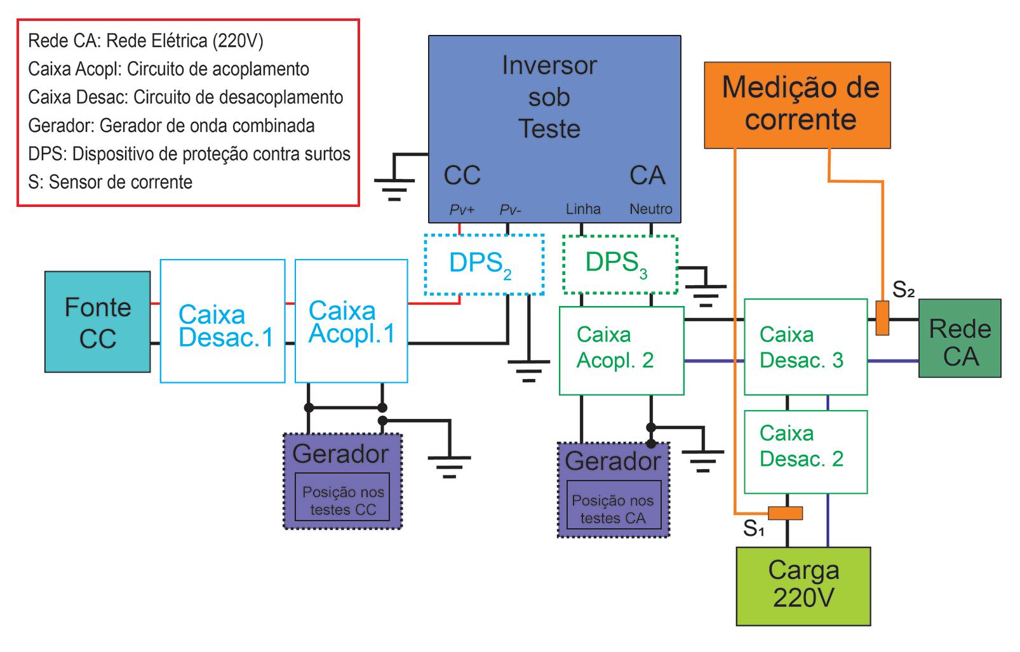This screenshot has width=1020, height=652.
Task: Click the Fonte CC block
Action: [97, 322]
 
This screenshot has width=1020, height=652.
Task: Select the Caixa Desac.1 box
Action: [222, 321]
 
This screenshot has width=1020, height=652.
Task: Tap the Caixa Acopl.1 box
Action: [351, 321]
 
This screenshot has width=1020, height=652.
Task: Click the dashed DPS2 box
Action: [484, 265]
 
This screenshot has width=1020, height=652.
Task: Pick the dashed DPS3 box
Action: [620, 265]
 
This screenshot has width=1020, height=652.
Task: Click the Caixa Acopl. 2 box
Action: [621, 350]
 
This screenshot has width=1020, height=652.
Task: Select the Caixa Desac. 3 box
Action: [805, 347]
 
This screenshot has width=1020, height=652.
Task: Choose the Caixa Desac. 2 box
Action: [805, 452]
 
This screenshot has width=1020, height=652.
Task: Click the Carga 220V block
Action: [803, 586]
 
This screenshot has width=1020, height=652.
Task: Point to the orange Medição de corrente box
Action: [797, 105]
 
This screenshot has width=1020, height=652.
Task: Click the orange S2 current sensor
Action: [882, 318]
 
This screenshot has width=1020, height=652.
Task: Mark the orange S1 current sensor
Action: [785, 513]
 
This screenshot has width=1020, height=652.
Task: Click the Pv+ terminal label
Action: [462, 210]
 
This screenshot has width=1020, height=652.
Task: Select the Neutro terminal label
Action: [650, 209]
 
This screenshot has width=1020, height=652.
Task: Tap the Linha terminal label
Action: [583, 209]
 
